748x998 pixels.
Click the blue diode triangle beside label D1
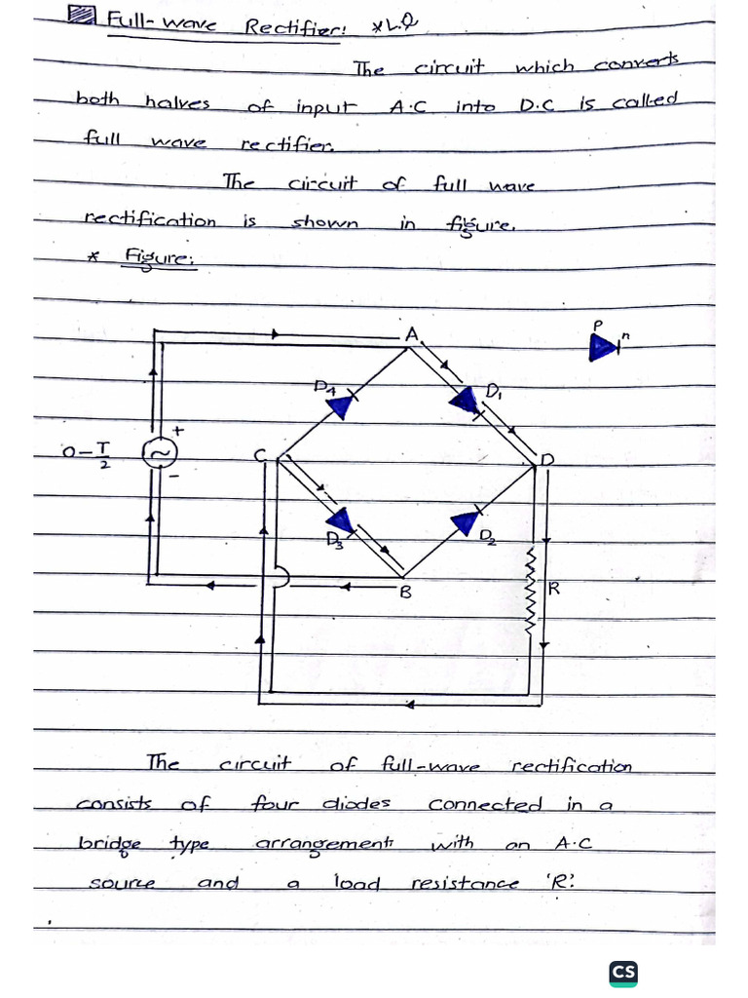click(466, 400)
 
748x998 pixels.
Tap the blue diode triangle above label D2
click(466, 522)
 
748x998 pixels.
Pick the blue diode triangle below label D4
click(340, 405)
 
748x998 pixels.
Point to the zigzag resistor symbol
click(531, 590)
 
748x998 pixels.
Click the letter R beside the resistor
click(554, 588)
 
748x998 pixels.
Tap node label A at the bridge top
click(411, 334)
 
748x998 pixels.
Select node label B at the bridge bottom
click(406, 592)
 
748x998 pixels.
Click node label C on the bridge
click(259, 456)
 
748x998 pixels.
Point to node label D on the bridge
click(546, 458)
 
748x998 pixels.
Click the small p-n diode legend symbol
click(603, 345)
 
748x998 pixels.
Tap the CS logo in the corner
click(623, 972)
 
